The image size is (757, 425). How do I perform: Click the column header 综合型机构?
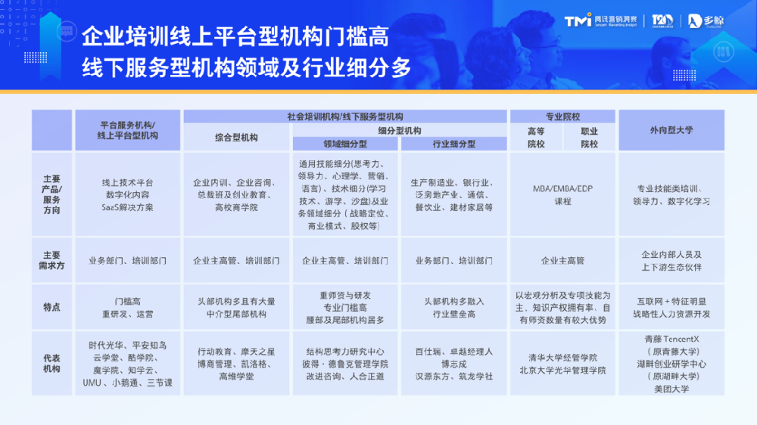tap(236, 138)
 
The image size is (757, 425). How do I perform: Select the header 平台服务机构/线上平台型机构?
tap(128, 130)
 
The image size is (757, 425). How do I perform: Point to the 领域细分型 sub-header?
tap(345, 144)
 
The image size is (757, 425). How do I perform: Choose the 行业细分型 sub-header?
tap(454, 144)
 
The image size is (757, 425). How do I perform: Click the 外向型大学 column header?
tap(671, 130)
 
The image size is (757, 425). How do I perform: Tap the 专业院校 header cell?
tap(563, 116)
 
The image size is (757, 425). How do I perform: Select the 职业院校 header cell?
tap(589, 138)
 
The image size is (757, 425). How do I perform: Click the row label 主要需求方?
tap(52, 260)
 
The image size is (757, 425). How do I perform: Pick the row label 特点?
tap(52, 307)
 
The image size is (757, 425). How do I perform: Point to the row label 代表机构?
tap(52, 363)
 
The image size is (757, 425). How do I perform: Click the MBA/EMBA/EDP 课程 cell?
tap(563, 194)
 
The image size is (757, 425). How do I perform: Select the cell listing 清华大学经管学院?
tap(563, 364)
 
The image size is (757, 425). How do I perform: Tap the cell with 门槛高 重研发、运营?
tap(128, 307)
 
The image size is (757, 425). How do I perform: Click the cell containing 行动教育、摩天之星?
tap(236, 364)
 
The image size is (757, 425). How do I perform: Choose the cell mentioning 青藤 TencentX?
tap(671, 364)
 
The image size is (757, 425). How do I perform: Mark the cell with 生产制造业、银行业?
tap(454, 194)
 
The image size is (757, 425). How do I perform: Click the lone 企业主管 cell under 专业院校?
tap(563, 260)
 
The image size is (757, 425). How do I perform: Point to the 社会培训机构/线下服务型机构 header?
tap(345, 116)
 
